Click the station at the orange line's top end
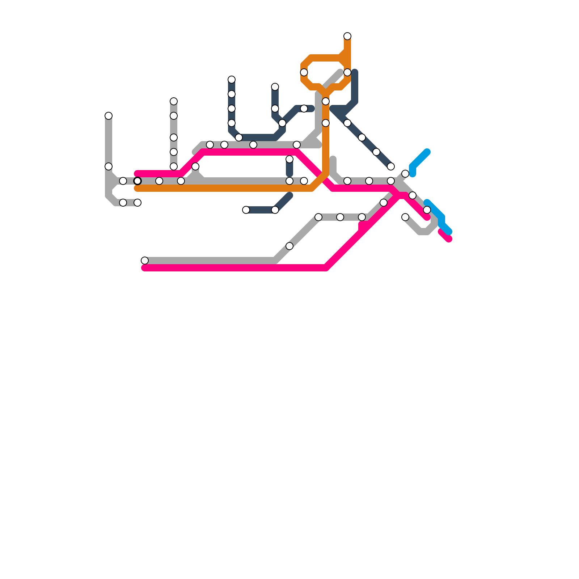point(347,36)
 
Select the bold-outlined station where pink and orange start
point(138,181)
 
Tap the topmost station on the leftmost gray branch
point(109,116)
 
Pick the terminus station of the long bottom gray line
point(145,261)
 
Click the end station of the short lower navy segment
point(246,210)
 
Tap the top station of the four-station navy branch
point(232,80)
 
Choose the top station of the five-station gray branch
point(174,101)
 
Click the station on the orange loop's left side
point(304,72)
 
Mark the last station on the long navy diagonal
point(391,166)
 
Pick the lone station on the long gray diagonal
point(289,246)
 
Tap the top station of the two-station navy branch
point(275,87)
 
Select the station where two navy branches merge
point(282,123)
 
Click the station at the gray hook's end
point(405,217)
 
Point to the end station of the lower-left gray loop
point(138,203)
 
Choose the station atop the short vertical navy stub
point(289,159)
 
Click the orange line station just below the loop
point(326,101)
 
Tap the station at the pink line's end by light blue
point(427,210)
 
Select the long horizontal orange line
point(224,188)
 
